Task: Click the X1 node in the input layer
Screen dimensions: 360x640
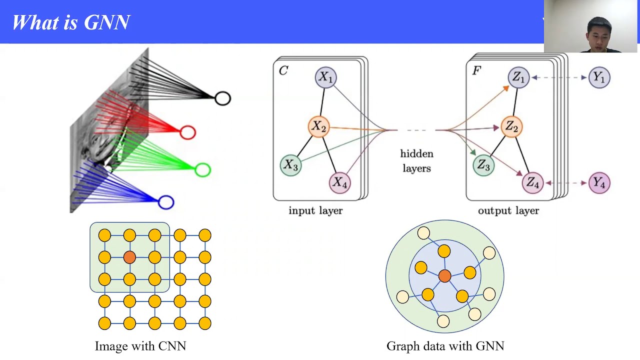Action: (x=326, y=77)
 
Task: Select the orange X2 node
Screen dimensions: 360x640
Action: (x=318, y=126)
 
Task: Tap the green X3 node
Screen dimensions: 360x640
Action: (x=290, y=165)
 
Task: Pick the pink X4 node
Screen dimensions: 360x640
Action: (x=339, y=182)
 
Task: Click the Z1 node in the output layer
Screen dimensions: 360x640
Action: (x=518, y=77)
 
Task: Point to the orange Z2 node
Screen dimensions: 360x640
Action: (x=511, y=126)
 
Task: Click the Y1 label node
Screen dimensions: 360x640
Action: (x=599, y=77)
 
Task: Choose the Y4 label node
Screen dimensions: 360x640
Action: (x=599, y=183)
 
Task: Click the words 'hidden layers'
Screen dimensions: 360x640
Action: (x=416, y=161)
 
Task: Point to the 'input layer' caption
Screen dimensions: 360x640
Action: (x=315, y=210)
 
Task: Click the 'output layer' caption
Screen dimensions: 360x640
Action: (x=508, y=210)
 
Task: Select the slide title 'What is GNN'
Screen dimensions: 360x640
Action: (x=71, y=22)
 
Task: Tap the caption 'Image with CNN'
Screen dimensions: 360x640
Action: (x=140, y=346)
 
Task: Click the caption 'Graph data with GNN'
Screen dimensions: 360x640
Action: (x=445, y=346)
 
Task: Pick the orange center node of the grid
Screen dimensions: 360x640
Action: (x=129, y=257)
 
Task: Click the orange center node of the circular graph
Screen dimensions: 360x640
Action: (x=444, y=275)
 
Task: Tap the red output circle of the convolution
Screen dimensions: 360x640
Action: (x=187, y=132)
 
